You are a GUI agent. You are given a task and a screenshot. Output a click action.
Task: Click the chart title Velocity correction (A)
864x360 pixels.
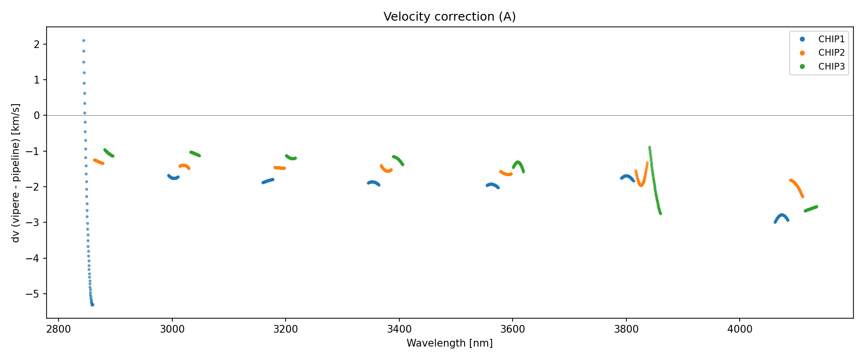tap(449, 17)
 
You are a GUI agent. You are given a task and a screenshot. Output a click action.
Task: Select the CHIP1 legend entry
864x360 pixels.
tap(831, 39)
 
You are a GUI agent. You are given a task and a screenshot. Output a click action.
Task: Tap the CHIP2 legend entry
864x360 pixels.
tap(831, 53)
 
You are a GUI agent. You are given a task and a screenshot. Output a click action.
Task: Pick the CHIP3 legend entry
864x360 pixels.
tap(831, 67)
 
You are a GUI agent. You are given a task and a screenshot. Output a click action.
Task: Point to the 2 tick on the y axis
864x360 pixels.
tap(38, 44)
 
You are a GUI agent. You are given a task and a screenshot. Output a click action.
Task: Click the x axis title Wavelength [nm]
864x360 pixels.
tap(449, 343)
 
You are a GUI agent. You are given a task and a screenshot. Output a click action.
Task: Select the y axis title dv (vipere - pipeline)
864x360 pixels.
tap(16, 173)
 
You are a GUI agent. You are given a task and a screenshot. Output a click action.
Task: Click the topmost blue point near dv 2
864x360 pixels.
tap(84, 41)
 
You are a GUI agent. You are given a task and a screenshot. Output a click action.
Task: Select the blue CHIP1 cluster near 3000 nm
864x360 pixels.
tap(173, 177)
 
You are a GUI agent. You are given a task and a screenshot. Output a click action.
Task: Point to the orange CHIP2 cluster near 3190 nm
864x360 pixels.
tap(280, 168)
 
